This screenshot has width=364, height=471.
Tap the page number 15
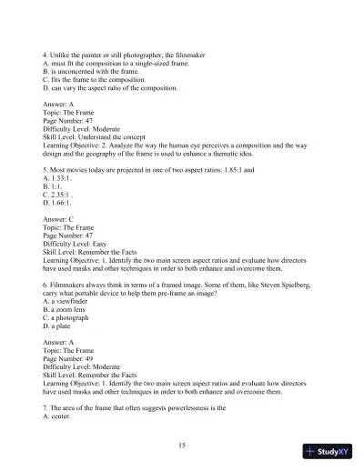[182, 445]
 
